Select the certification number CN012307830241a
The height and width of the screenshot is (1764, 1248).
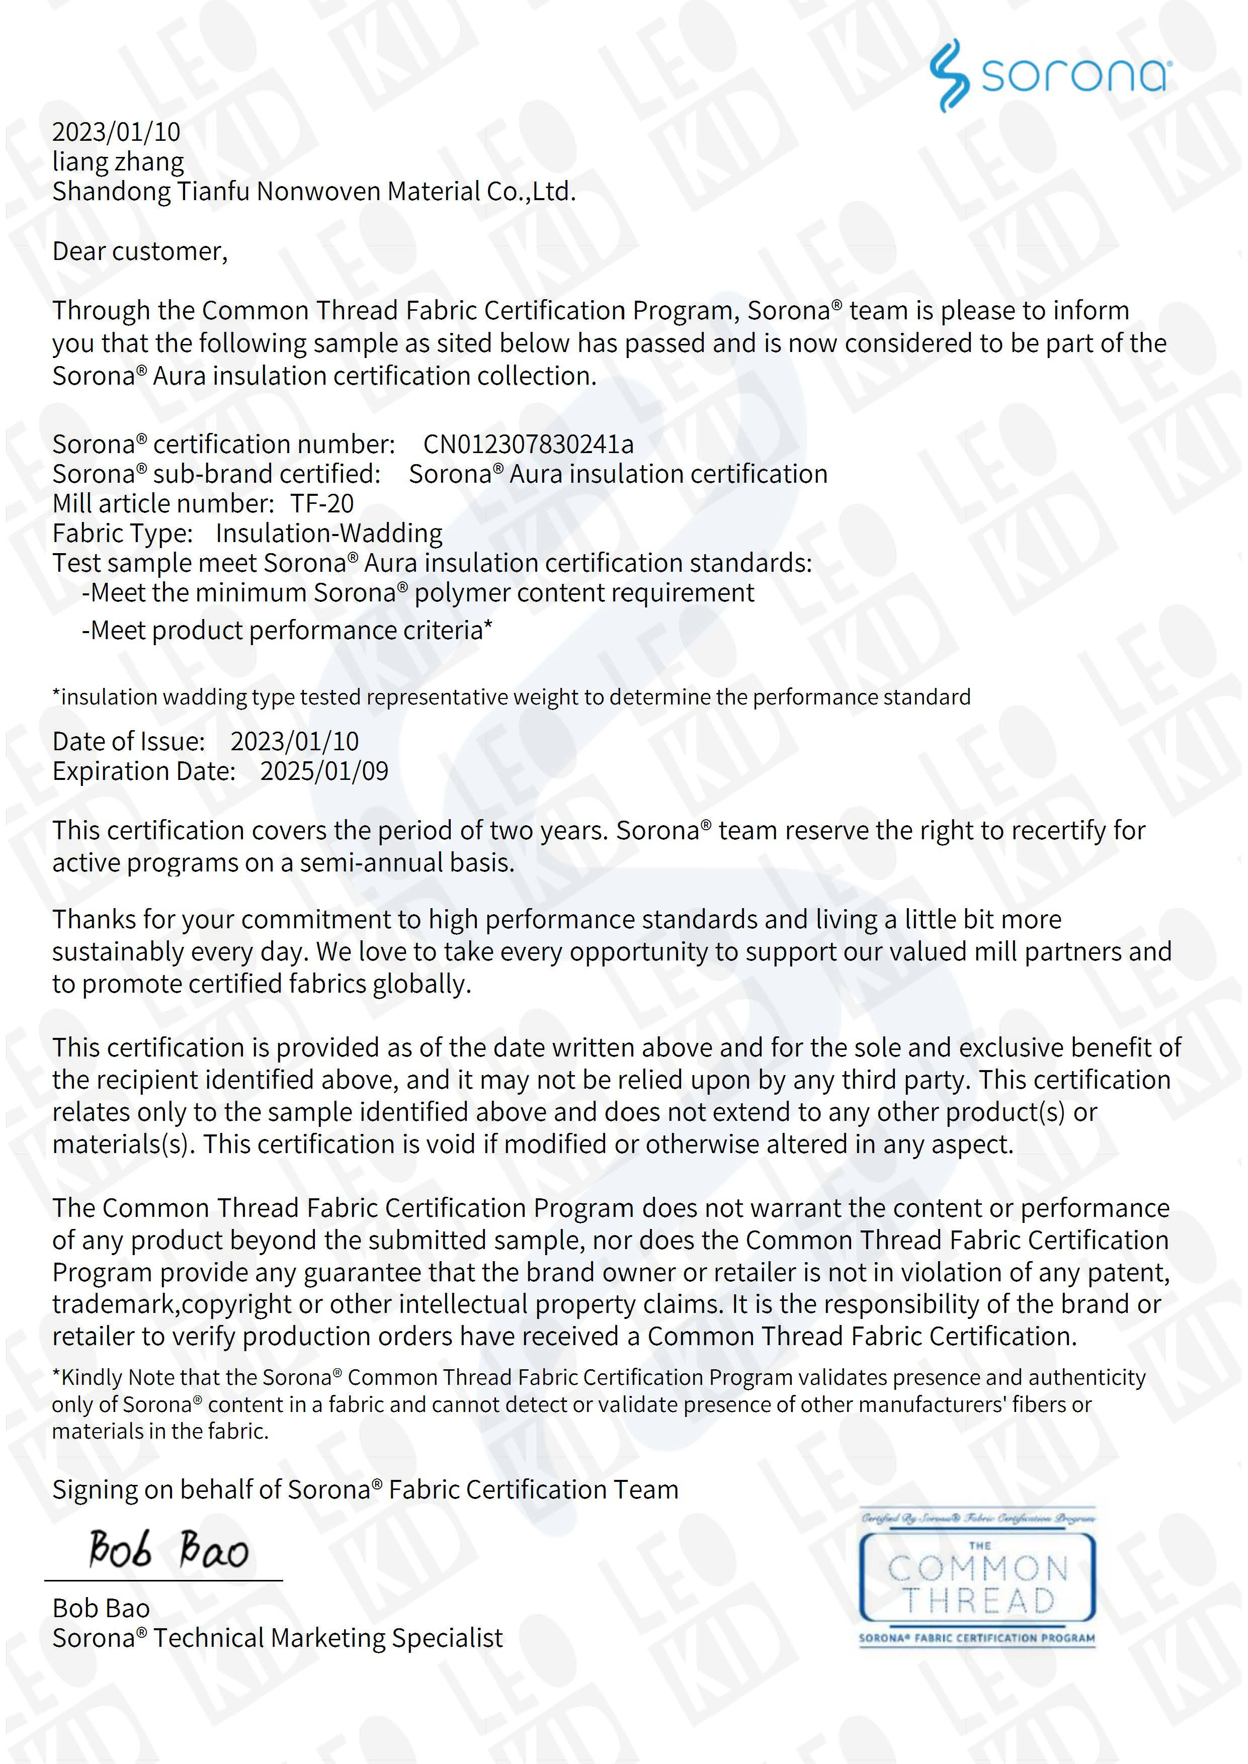[x=528, y=444]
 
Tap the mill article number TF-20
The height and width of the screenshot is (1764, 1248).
[x=322, y=504]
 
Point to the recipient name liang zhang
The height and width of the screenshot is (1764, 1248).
[x=118, y=162]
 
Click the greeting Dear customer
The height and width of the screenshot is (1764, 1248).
[x=139, y=252]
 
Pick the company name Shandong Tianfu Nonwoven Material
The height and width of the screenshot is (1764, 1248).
[x=313, y=191]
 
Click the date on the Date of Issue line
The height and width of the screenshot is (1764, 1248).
[x=294, y=741]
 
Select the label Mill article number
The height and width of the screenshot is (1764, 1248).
[x=162, y=504]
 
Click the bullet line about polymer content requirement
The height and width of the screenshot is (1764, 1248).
[x=418, y=593]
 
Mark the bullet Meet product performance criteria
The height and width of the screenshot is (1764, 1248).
[x=287, y=631]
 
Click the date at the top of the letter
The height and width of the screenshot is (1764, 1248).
[x=116, y=132]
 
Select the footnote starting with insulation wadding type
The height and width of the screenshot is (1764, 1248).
[x=511, y=697]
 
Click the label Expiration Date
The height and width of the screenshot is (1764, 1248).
[x=144, y=771]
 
